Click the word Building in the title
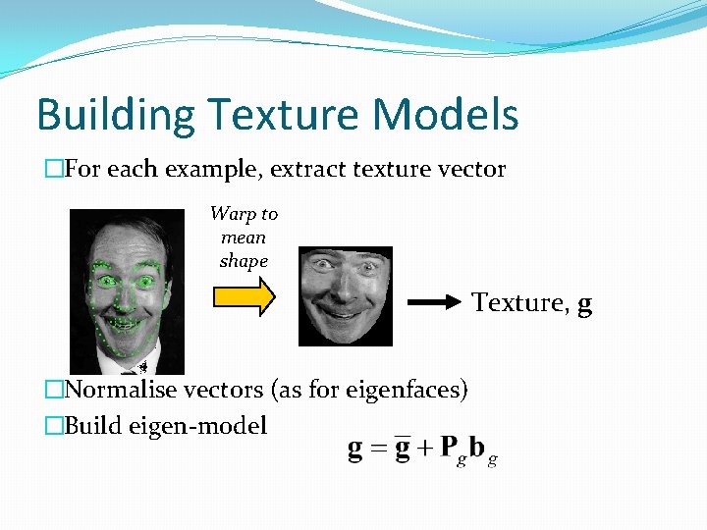[x=116, y=116]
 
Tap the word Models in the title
[x=444, y=116]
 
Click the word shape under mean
[x=244, y=261]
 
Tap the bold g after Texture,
[x=585, y=305]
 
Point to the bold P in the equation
[x=448, y=449]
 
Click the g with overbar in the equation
[x=401, y=449]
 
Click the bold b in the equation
[x=476, y=449]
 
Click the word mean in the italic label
[x=244, y=238]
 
